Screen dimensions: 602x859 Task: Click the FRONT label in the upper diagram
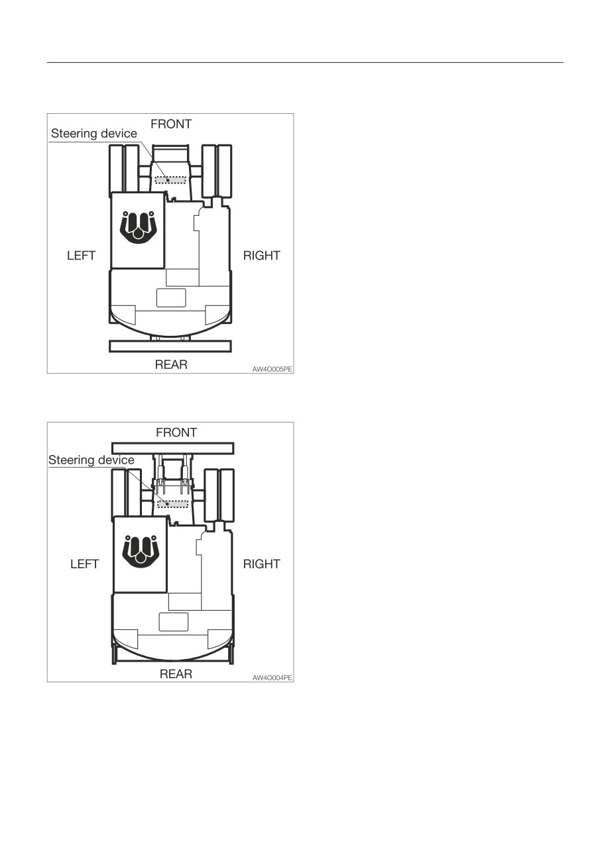click(x=171, y=125)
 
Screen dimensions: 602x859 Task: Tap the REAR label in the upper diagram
click(x=171, y=364)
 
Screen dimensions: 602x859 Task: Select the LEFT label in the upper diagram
click(x=81, y=256)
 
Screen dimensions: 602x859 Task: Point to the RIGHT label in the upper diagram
click(x=261, y=256)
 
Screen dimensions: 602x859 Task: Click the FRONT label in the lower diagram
click(x=176, y=432)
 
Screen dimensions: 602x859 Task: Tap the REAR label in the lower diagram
click(x=176, y=674)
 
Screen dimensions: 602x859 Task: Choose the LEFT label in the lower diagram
click(x=84, y=564)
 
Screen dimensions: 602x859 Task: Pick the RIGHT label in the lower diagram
click(x=261, y=564)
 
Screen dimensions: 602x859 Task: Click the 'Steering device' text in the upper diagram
click(x=94, y=133)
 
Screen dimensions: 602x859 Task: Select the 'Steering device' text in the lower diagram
click(x=91, y=460)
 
